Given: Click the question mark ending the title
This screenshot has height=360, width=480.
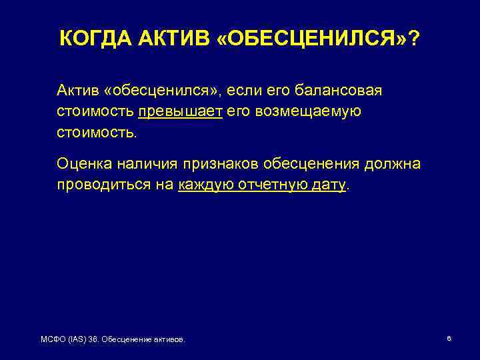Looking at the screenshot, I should point(415,39).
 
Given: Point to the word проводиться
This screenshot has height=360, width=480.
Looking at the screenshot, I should point(99,185).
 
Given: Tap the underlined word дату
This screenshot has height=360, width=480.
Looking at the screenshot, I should point(329,185).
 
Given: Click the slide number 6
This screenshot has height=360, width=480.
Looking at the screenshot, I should point(449,339).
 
